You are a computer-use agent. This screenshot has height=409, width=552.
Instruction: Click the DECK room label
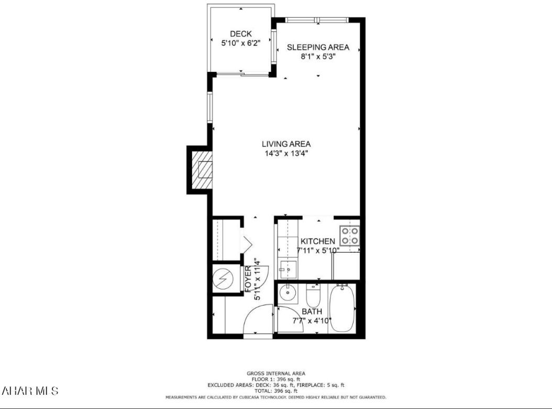pos(241,34)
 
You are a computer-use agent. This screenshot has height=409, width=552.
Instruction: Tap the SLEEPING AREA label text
pos(318,47)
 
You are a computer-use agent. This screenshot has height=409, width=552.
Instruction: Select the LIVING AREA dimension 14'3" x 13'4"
pos(286,154)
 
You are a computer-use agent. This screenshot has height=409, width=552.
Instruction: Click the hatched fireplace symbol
pos(202,170)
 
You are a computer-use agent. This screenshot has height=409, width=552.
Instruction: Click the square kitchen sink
pos(287,269)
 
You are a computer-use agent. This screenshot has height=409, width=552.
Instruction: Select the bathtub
pos(343,308)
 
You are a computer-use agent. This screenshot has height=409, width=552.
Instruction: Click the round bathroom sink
pos(288,293)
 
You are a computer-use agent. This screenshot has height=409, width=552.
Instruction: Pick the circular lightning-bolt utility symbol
pos(224,278)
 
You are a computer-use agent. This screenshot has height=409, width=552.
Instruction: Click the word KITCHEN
pos(317,241)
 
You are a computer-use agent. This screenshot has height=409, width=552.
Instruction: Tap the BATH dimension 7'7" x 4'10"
pos(312,320)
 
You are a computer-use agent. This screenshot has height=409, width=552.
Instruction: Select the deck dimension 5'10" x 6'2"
pos(241,44)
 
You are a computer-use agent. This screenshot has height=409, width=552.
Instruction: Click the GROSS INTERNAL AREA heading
pos(275,374)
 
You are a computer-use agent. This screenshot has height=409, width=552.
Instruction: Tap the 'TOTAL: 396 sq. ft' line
pos(275,391)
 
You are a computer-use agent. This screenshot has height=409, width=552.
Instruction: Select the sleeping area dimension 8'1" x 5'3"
pos(318,57)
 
